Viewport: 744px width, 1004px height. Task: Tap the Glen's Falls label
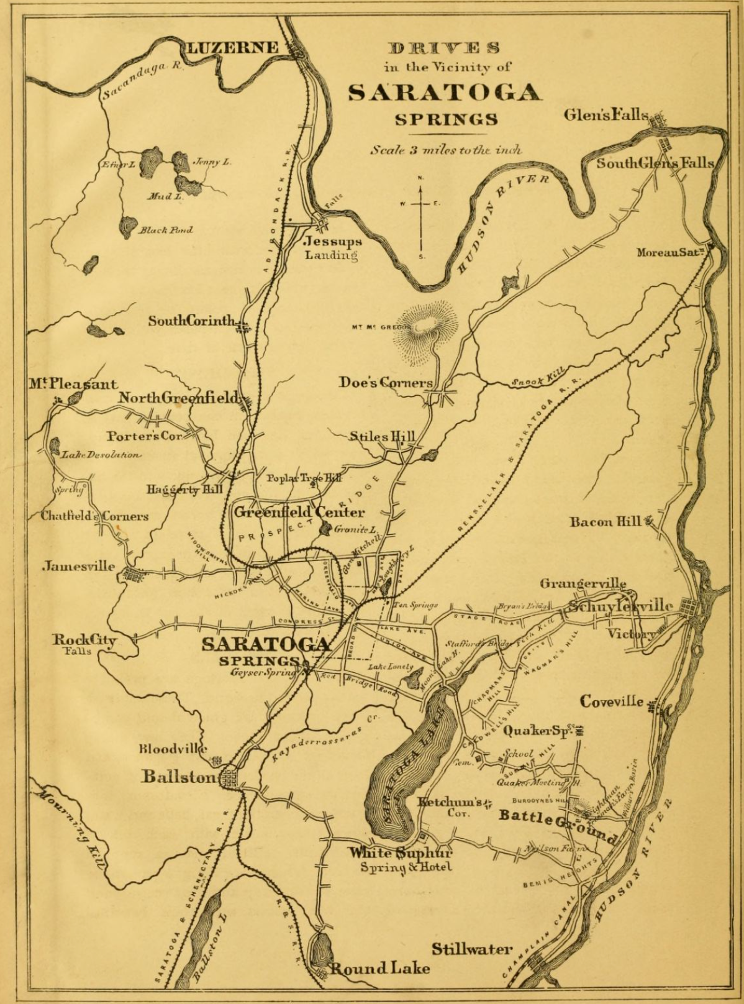pyautogui.click(x=606, y=115)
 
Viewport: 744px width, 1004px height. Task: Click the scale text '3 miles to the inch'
pyautogui.click(x=446, y=150)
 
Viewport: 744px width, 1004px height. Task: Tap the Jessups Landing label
pyautogui.click(x=333, y=247)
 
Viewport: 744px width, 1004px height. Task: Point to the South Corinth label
pyautogui.click(x=193, y=321)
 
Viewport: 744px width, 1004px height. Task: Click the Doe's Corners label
pyautogui.click(x=386, y=382)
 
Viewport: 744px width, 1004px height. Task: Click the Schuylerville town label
pyautogui.click(x=621, y=605)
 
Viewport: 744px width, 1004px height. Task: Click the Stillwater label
pyautogui.click(x=473, y=949)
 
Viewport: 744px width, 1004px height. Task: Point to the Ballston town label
pyautogui.click(x=180, y=776)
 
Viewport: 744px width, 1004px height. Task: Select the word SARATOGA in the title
pyautogui.click(x=445, y=92)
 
